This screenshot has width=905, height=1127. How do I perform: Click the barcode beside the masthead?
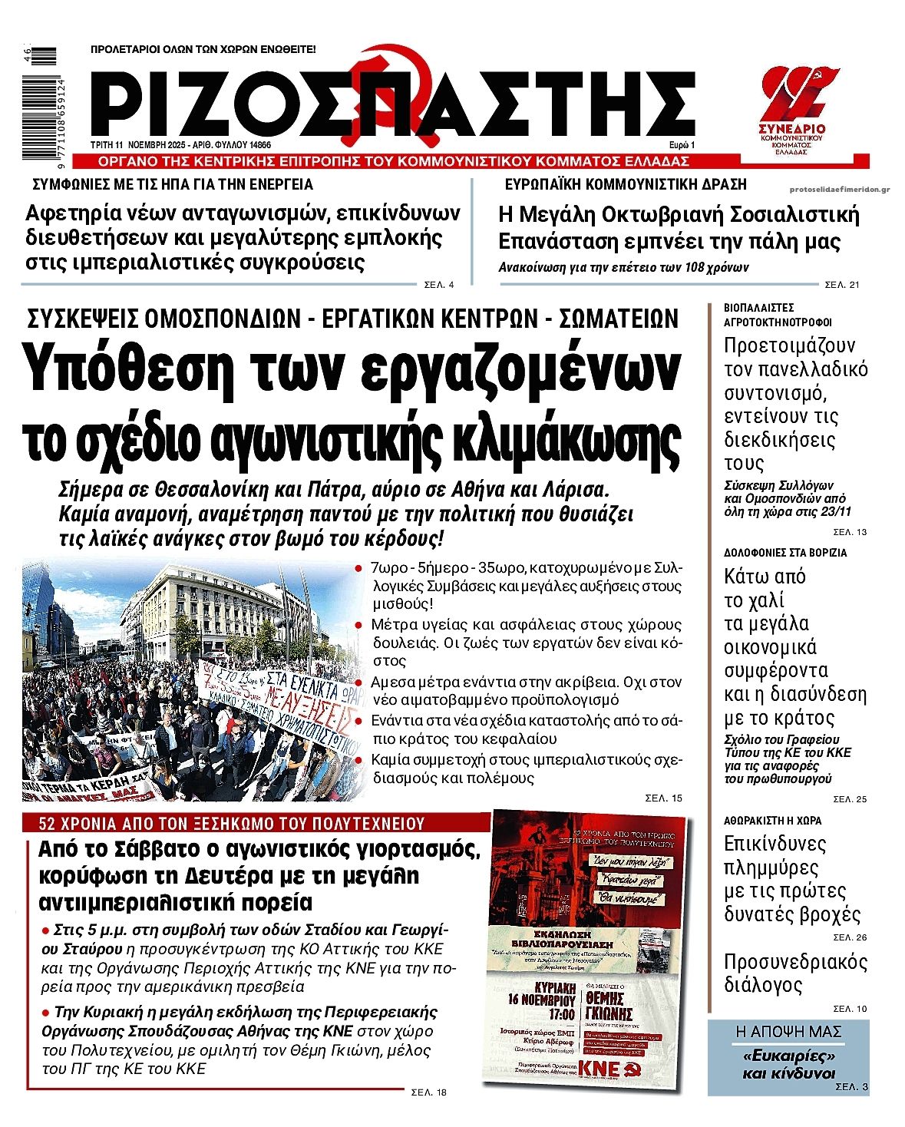(x=39, y=102)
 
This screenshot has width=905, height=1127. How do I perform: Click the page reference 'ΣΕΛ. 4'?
(x=439, y=285)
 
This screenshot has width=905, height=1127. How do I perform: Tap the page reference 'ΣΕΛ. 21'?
(x=842, y=285)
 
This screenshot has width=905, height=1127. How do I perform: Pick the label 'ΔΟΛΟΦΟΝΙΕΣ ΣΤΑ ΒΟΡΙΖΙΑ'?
(x=785, y=552)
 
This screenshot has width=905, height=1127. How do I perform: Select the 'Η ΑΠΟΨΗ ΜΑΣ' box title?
(x=788, y=1031)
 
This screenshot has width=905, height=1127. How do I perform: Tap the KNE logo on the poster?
(x=599, y=1069)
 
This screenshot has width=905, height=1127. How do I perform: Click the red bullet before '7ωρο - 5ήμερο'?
(x=359, y=569)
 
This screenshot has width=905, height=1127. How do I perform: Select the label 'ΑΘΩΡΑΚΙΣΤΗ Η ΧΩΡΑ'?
(x=773, y=820)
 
